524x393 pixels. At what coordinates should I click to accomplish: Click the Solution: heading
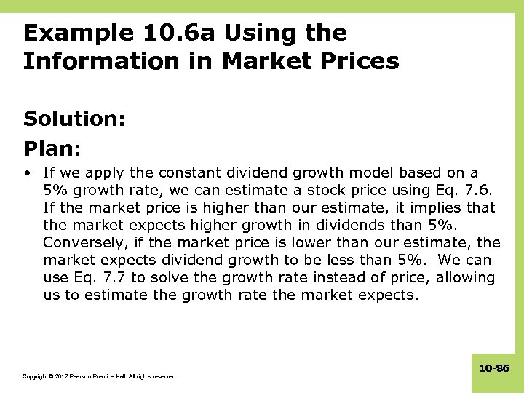pyautogui.click(x=75, y=119)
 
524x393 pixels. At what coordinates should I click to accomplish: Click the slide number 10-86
pyautogui.click(x=494, y=369)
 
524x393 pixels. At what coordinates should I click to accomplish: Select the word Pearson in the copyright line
pyautogui.click(x=84, y=376)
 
